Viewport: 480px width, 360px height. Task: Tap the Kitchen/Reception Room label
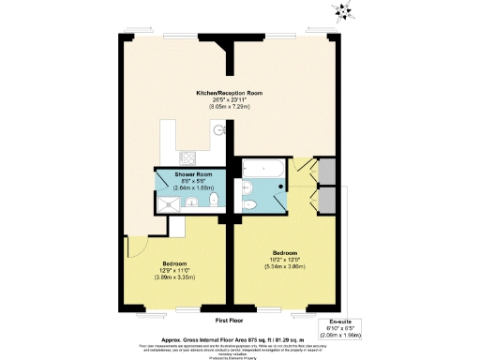coord(229,94)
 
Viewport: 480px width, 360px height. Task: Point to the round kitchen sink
coord(219,131)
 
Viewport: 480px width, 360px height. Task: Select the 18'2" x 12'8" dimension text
coord(285,261)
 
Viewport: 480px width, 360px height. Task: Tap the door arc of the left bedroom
coord(134,246)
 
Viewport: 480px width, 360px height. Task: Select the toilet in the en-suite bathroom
coord(250,205)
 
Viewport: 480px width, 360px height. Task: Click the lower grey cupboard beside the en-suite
coord(325,199)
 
